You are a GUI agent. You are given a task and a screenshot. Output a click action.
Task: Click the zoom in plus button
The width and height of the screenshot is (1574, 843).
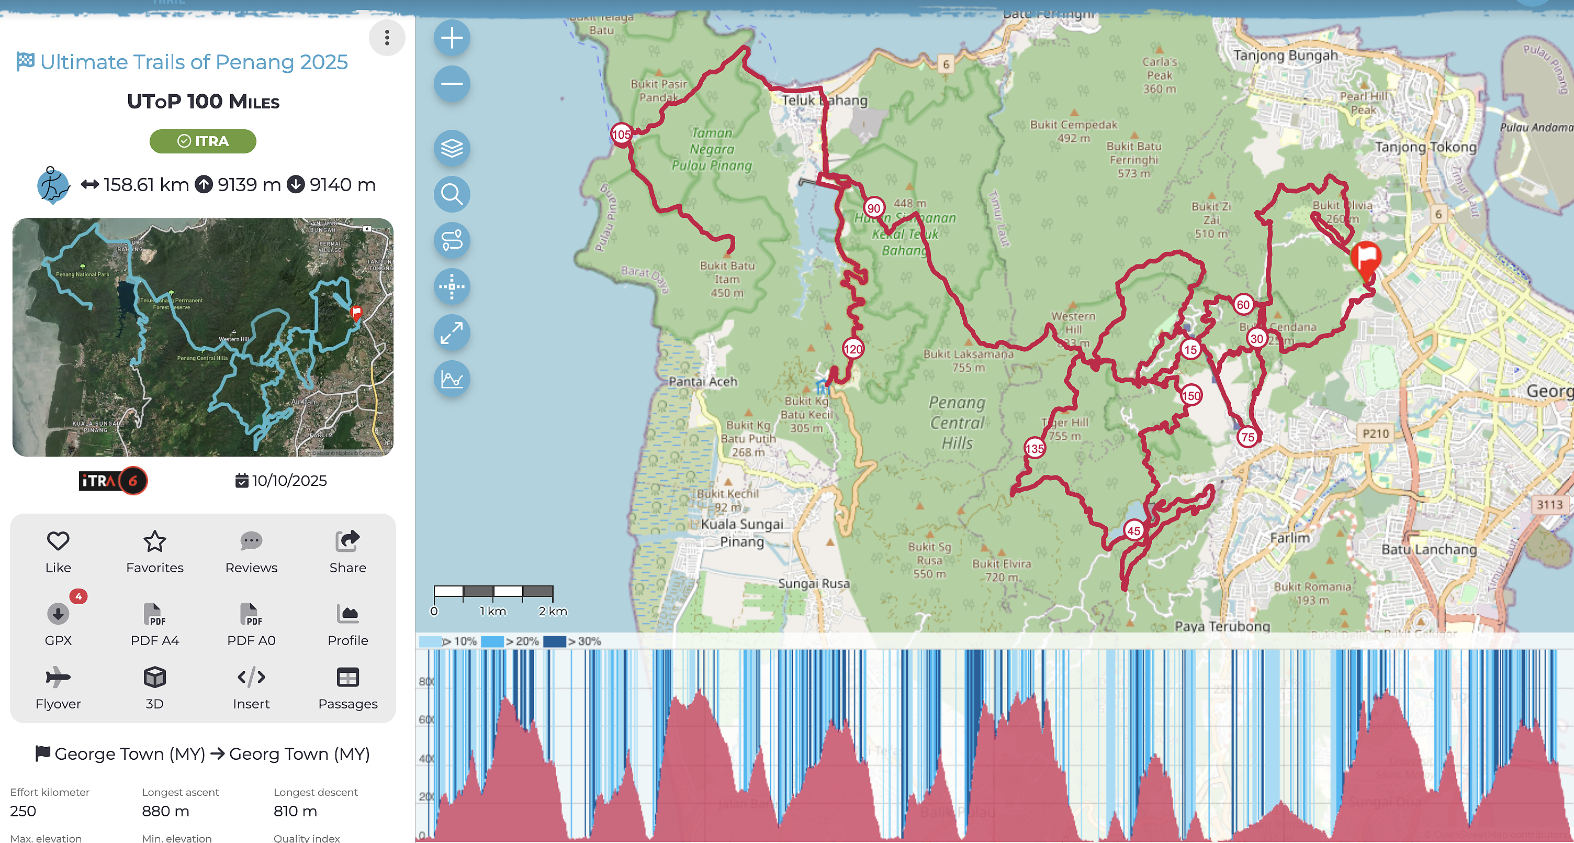[452, 38]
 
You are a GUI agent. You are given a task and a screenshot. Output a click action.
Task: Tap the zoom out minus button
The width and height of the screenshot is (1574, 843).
[452, 84]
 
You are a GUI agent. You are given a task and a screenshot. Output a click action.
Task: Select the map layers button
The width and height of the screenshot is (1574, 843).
[452, 148]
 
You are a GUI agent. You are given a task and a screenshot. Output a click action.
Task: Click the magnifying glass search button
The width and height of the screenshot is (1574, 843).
[452, 194]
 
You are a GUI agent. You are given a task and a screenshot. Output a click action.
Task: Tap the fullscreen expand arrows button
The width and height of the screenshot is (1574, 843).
[452, 332]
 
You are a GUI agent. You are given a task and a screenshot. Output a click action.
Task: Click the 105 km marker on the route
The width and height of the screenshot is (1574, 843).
[621, 135]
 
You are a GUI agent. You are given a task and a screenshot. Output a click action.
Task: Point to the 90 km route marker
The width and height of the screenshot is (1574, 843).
[874, 208]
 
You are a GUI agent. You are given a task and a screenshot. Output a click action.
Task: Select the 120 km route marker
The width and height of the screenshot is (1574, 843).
[853, 349]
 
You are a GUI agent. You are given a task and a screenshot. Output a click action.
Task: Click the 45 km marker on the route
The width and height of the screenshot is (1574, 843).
[1133, 530]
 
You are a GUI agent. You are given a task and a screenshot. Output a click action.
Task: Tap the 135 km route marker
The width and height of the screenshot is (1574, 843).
[1035, 449]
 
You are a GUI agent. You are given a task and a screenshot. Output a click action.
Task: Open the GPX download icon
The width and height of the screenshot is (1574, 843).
[58, 613]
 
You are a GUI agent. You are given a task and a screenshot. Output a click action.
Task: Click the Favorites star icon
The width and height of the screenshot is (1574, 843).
[154, 541]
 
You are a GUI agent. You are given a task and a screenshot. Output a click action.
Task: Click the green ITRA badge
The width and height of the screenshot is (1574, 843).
[203, 141]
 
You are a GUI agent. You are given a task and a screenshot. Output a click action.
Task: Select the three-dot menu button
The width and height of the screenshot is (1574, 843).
[387, 38]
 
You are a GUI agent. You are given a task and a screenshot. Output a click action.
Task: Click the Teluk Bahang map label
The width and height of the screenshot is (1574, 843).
[824, 100]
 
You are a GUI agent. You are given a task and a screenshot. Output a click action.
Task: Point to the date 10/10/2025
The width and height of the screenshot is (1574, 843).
[289, 481]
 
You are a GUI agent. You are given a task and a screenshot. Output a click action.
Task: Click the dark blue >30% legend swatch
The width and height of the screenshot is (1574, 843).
[554, 641]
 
